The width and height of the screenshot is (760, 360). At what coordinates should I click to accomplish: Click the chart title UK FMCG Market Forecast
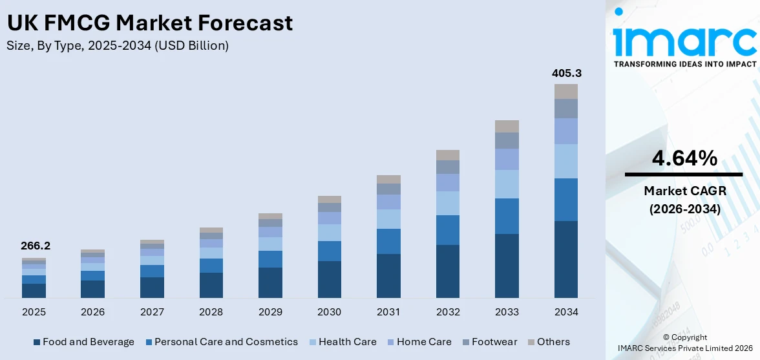[149, 23]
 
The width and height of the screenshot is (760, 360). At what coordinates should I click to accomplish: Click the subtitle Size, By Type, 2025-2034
[117, 46]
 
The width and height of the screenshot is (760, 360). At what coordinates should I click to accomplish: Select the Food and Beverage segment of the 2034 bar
[565, 259]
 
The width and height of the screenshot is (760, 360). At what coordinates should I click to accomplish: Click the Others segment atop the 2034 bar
[565, 91]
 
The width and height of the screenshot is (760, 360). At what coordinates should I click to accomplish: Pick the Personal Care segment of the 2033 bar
[507, 216]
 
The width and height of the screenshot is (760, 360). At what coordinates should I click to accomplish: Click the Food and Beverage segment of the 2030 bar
[329, 279]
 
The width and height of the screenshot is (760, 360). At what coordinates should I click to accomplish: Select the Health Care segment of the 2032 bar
[447, 203]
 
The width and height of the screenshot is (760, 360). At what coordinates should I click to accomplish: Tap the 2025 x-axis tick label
[34, 312]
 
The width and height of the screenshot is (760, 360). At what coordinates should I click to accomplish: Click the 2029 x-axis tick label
[270, 312]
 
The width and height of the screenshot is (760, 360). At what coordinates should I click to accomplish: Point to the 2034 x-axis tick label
[565, 312]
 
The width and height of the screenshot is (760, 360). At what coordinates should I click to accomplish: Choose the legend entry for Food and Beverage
[83, 342]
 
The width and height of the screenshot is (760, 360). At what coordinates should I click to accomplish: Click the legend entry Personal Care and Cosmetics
[221, 342]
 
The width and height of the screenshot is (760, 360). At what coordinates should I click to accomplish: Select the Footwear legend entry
[489, 342]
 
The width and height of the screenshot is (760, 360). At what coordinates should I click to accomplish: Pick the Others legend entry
[549, 342]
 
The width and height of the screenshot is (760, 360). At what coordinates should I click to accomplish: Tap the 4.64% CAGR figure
[684, 158]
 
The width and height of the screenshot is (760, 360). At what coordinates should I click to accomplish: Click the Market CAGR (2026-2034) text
[684, 200]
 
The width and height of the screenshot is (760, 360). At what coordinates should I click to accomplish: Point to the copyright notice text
[684, 343]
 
